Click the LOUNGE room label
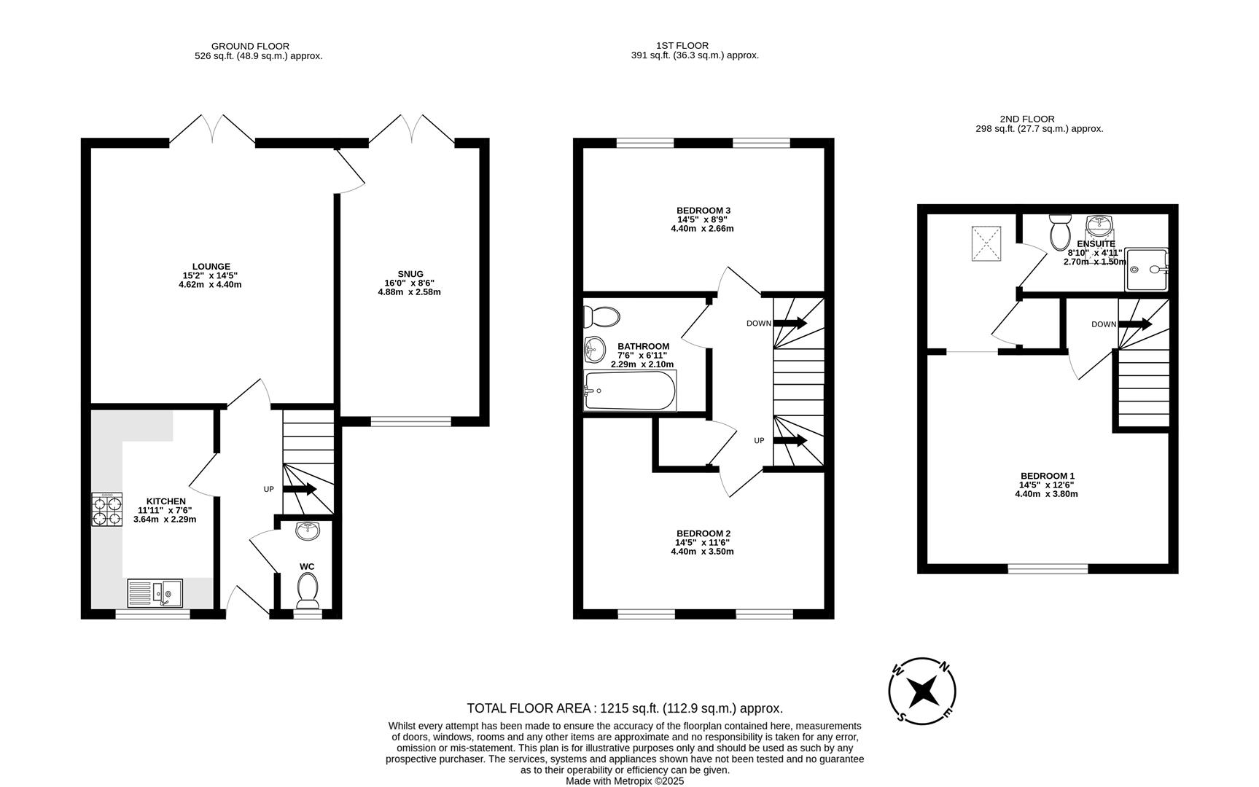tap(211, 267)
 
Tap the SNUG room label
tap(410, 274)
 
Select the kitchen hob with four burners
tap(106, 509)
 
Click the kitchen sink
tap(155, 593)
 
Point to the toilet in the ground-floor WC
tap(308, 589)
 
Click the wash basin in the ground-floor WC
tap(308, 530)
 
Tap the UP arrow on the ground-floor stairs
tap(300, 489)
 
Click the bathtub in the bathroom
tap(630, 391)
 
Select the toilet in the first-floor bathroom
tap(601, 317)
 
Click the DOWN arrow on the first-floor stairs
tap(790, 323)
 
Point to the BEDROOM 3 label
tap(703, 211)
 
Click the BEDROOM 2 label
tap(703, 533)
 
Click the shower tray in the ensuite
tap(1146, 269)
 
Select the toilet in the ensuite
tap(1059, 232)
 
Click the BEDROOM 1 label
tap(1046, 476)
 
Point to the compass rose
tap(922, 690)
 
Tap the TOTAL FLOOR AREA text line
tap(625, 708)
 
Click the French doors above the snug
tap(413, 130)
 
